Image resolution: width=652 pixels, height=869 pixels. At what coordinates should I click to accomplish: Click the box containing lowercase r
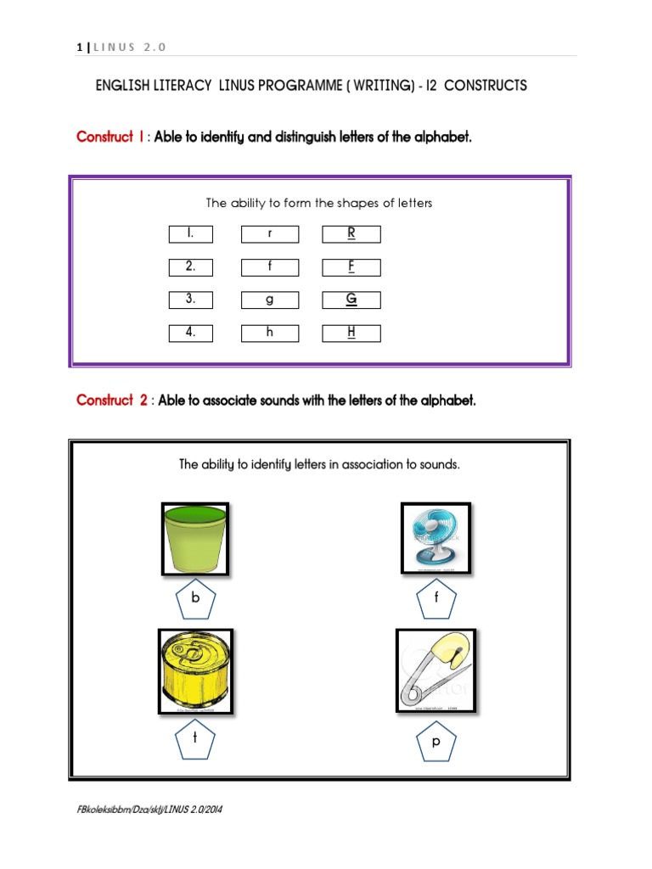click(269, 234)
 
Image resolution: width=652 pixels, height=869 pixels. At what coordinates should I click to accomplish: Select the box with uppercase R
click(351, 234)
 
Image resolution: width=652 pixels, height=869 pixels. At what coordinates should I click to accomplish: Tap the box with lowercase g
click(269, 300)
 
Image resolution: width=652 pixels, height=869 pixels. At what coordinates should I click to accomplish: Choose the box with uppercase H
click(351, 333)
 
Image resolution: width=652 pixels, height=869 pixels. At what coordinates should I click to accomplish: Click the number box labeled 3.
click(190, 300)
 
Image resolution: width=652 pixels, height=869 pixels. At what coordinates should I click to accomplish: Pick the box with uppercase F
click(351, 267)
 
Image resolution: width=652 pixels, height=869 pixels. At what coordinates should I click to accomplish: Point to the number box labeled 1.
click(190, 234)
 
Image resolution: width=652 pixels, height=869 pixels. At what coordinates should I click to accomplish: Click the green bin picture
click(195, 539)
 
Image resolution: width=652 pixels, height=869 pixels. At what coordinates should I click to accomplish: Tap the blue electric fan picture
click(436, 538)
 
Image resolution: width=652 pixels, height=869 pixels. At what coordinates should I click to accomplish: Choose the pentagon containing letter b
click(195, 599)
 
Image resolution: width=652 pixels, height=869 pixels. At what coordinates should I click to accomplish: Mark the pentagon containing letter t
click(195, 740)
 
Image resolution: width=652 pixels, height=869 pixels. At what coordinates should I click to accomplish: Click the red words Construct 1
click(110, 137)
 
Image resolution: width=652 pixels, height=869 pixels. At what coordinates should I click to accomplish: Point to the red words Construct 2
click(112, 401)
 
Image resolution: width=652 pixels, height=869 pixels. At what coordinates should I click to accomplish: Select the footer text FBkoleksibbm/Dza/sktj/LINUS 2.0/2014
click(149, 810)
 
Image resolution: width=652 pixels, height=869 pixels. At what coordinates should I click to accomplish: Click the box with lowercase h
click(269, 333)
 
